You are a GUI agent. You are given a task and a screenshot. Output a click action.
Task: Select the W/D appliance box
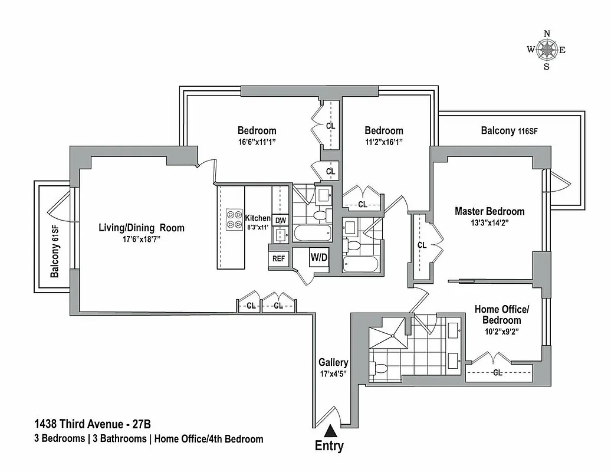tap(320, 258)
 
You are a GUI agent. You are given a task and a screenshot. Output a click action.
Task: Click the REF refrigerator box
tap(277, 258)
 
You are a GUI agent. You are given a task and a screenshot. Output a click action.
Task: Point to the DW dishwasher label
tap(281, 221)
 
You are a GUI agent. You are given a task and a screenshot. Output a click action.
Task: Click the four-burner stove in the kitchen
tap(234, 218)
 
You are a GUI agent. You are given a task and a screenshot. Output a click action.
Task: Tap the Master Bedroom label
tap(489, 211)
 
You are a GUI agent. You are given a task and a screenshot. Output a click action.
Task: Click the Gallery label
tap(333, 362)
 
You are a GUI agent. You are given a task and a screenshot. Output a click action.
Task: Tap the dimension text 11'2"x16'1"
tap(383, 142)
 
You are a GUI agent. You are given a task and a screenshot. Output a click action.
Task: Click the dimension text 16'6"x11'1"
tap(257, 142)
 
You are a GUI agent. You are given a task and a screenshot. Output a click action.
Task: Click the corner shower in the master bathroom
tap(388, 333)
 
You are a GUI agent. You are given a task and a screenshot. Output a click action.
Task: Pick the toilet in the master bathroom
tap(380, 369)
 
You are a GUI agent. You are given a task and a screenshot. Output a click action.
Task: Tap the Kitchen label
tap(257, 218)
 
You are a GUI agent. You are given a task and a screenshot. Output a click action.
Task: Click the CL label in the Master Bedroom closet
tap(422, 245)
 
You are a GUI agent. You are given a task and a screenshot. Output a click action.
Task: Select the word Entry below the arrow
tap(329, 447)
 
